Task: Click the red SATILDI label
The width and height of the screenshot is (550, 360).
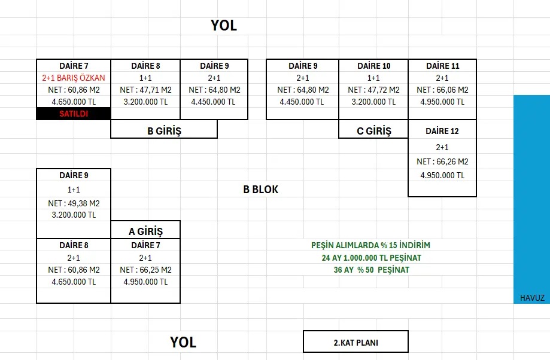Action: tap(74, 114)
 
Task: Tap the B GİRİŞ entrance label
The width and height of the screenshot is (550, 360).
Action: tap(164, 131)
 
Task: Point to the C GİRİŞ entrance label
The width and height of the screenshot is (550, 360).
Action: tap(374, 131)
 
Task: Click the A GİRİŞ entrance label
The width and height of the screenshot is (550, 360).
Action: tap(145, 231)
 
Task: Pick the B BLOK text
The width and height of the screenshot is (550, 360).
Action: tap(260, 190)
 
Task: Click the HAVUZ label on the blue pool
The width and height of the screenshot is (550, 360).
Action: tap(531, 298)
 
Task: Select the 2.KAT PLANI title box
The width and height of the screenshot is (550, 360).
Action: tap(355, 343)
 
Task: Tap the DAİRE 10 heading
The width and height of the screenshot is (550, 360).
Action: tap(373, 66)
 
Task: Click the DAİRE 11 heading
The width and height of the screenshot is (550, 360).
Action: tap(442, 66)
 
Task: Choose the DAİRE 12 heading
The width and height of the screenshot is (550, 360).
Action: tap(442, 131)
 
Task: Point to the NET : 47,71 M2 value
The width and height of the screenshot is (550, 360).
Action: tap(145, 90)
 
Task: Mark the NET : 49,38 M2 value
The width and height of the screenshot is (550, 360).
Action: tap(74, 203)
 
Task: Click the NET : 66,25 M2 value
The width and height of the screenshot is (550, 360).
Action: tap(145, 270)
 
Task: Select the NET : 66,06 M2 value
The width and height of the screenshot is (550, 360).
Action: tap(442, 90)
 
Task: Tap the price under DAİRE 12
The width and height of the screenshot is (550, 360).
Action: tap(442, 175)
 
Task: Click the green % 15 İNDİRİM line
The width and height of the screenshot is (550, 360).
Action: tap(370, 246)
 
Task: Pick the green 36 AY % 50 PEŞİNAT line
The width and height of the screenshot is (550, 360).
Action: tap(370, 270)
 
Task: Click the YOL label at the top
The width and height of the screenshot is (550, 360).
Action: tap(224, 26)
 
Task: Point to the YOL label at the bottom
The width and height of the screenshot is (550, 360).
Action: tap(183, 343)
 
